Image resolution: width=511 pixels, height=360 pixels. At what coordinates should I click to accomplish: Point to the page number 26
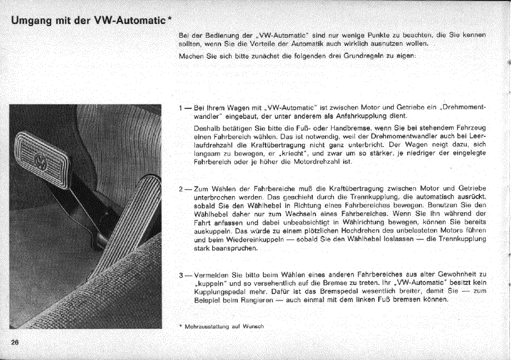(15, 343)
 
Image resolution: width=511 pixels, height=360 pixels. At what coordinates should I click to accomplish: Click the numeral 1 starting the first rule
(181, 107)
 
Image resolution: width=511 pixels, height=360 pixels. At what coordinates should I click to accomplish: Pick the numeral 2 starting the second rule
(181, 189)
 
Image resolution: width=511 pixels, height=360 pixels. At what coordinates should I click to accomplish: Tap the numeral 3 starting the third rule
(181, 274)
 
